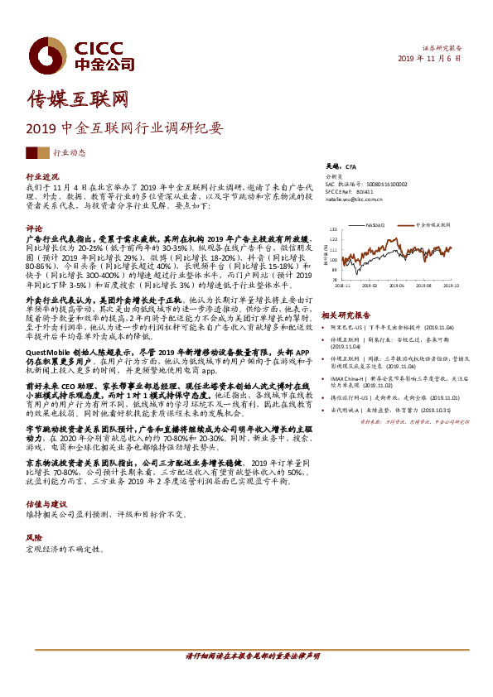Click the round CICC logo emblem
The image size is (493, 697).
pos(39,52)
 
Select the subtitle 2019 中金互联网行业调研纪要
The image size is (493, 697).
pos(125,129)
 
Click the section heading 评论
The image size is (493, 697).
pos(34,228)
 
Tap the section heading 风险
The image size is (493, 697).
pos(34,537)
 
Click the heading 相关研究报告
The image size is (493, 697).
pos(345,315)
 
